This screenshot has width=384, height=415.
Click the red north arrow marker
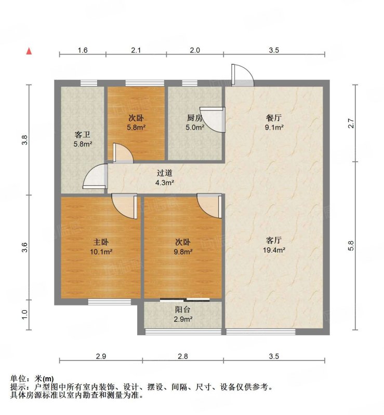[29, 51]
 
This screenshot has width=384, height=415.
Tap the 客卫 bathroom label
[83, 135]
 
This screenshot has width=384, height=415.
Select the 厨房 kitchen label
[195, 118]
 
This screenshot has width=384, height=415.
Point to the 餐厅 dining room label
[274, 118]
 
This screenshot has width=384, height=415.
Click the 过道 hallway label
[164, 173]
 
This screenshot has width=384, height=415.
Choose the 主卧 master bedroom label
[101, 242]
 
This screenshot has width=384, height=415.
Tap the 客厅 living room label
[274, 240]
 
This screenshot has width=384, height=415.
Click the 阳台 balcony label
[183, 310]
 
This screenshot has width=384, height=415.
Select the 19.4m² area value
[274, 250]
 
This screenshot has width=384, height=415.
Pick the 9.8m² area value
[183, 252]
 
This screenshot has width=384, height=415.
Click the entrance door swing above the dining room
[242, 75]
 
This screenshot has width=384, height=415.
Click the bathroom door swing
[95, 176]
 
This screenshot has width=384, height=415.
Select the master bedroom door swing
[124, 206]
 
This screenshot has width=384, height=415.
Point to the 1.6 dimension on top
[83, 50]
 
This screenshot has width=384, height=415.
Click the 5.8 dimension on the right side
[351, 245]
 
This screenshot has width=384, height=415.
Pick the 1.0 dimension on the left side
[24, 315]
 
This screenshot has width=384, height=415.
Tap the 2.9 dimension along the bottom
[101, 356]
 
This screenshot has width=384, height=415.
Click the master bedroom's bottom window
[110, 302]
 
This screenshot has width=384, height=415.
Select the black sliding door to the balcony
[185, 300]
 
